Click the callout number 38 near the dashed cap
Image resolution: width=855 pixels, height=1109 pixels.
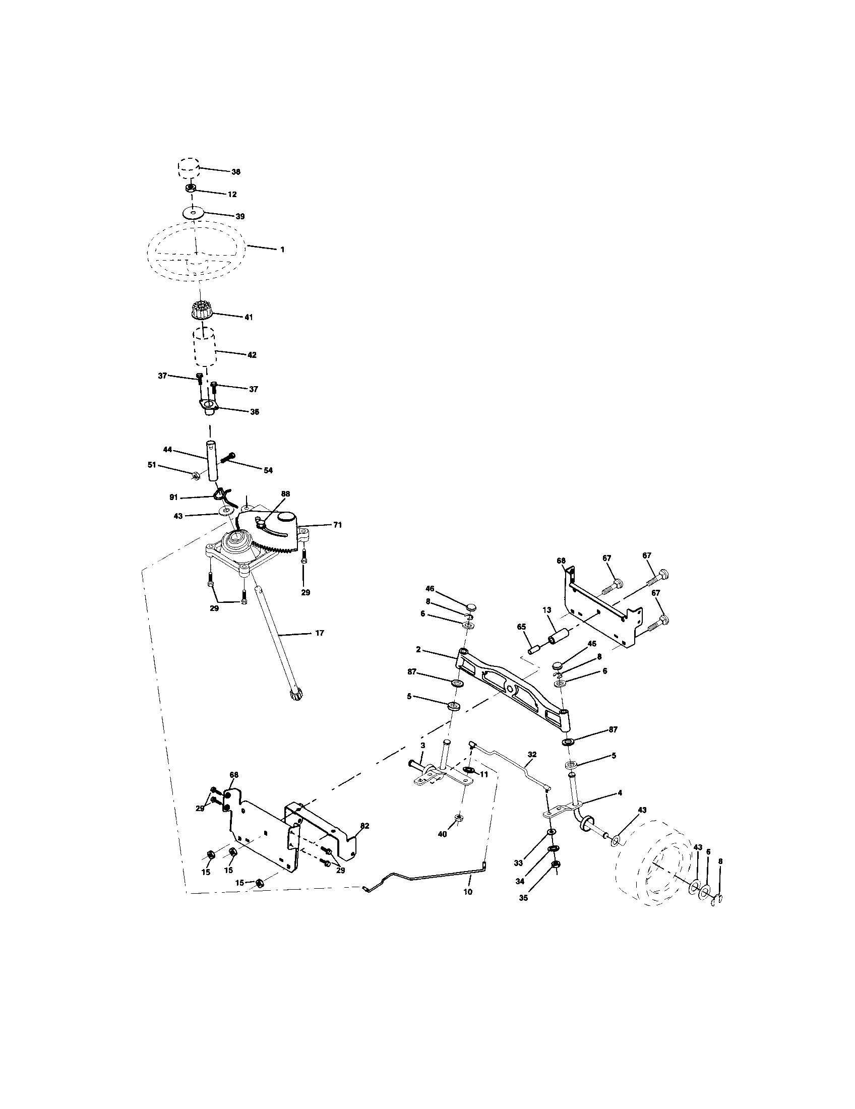point(235,172)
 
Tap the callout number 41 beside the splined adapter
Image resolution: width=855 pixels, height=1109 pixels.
point(248,317)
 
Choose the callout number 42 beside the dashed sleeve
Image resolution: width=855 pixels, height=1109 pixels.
point(252,355)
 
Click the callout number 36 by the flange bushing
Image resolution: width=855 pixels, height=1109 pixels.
point(255,412)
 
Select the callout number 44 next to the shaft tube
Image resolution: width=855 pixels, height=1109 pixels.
point(168,449)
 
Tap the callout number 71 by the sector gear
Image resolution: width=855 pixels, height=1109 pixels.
point(337,525)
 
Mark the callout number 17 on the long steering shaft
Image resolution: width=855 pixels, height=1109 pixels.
point(319,633)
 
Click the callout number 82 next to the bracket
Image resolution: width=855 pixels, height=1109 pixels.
point(364,826)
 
